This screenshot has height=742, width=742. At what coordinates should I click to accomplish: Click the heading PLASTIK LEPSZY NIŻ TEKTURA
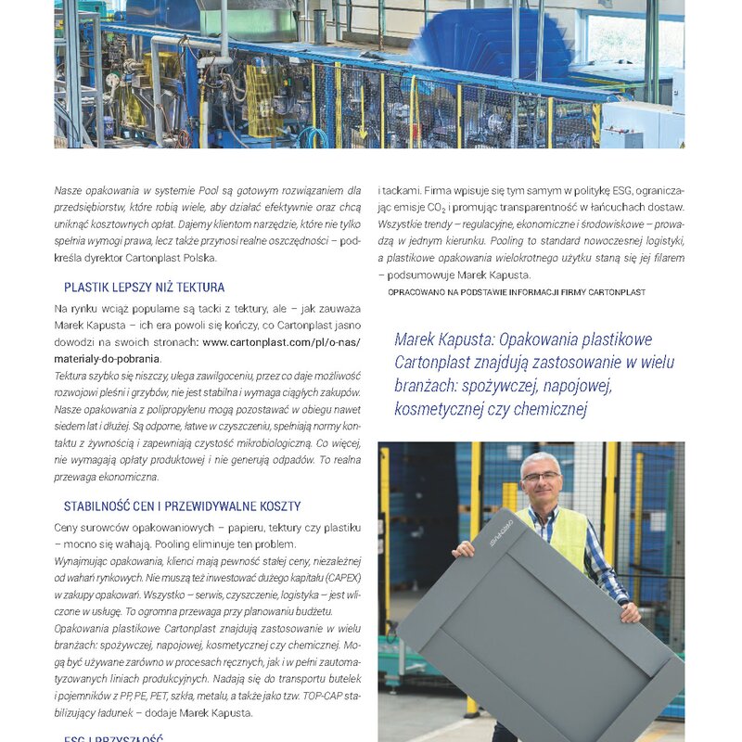click(144, 288)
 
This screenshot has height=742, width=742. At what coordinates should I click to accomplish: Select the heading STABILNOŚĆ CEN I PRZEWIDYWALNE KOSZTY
click(182, 506)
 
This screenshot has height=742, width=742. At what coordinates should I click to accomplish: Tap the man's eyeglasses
click(541, 477)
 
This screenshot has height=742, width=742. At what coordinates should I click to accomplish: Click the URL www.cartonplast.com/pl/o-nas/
click(281, 341)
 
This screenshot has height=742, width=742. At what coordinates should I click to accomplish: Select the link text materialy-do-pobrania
click(107, 358)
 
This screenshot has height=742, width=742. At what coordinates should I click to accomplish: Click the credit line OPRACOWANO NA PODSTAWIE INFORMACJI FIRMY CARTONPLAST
click(517, 291)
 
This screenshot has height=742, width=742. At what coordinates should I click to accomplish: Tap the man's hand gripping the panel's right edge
click(630, 612)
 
